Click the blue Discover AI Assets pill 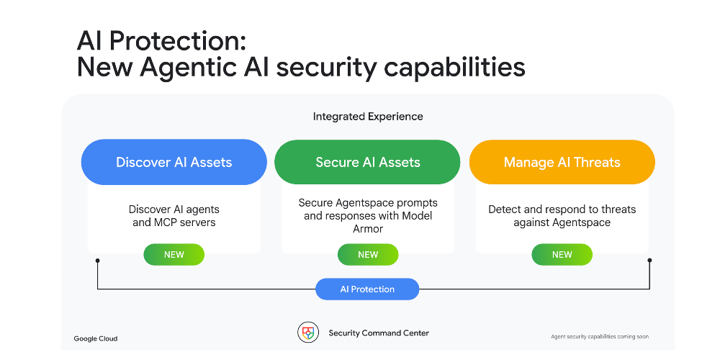coord(174,162)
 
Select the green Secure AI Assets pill coord(367,162)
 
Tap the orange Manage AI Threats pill coord(562,162)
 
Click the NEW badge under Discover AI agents coord(174,254)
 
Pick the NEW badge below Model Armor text coord(368,254)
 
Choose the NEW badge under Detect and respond coord(562,254)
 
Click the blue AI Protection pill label coord(367,289)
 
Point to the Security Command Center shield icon coord(308,333)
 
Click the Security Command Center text coord(379,333)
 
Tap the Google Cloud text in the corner coord(96,339)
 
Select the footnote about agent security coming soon coord(600,336)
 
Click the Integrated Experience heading coord(368,117)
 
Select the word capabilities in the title coord(454,68)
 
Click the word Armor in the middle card coord(368,229)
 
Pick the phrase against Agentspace coord(562,222)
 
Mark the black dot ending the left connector coord(97,261)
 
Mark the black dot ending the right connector coord(649,261)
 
